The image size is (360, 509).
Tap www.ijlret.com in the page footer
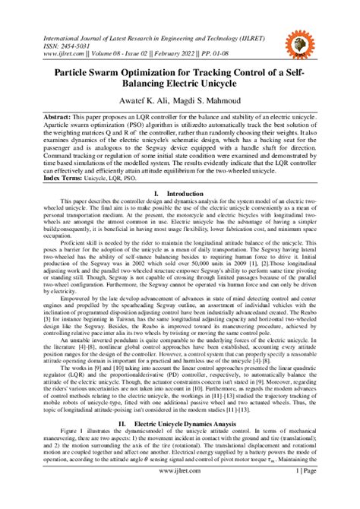pos(179,492)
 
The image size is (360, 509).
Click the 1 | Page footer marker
pos(309,492)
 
